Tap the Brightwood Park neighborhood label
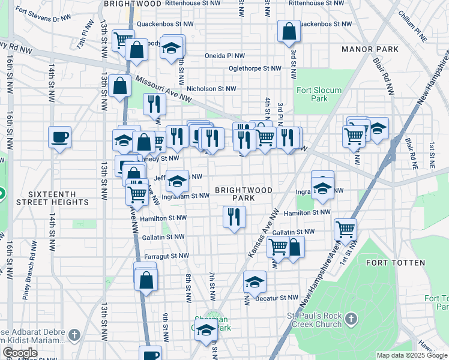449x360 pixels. [x=244, y=194]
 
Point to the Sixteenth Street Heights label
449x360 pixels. [x=59, y=198]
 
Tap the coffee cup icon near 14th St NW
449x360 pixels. [x=60, y=137]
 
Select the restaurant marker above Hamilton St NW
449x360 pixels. [x=234, y=217]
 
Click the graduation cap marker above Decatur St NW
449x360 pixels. [x=255, y=281]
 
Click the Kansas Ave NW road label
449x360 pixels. [x=263, y=235]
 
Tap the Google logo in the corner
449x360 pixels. [x=20, y=353]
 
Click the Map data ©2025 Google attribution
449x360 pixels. [x=411, y=355]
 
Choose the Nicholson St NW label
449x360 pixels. [x=211, y=89]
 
